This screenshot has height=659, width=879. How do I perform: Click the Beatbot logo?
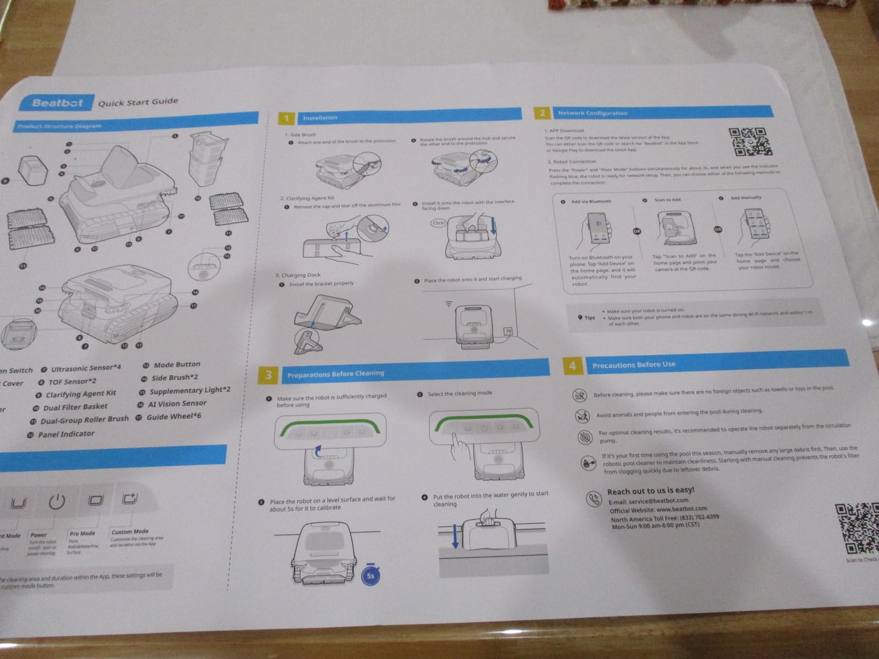[58, 103]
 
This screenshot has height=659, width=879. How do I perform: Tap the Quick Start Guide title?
[138, 102]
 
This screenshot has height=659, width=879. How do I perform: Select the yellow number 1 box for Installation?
[287, 118]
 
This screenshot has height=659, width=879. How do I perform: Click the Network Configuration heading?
[592, 113]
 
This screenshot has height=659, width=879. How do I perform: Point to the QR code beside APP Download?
[750, 142]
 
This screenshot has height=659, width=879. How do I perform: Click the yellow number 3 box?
[269, 375]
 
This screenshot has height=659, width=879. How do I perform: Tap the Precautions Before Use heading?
[633, 364]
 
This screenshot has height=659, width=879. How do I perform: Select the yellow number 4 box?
[572, 366]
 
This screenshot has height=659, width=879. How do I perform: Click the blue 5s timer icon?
[370, 575]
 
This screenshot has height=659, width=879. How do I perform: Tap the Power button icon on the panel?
[57, 502]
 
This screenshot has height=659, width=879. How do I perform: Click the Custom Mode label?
[130, 531]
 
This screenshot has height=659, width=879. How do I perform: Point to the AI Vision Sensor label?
[177, 403]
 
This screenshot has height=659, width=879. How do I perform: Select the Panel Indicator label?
[66, 434]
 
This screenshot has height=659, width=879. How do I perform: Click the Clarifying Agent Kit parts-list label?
[81, 394]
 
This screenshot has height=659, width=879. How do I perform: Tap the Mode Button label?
[177, 364]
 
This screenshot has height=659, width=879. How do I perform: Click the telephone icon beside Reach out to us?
[594, 499]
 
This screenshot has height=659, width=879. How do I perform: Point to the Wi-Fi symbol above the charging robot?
[449, 304]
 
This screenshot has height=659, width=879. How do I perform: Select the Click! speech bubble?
[439, 223]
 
